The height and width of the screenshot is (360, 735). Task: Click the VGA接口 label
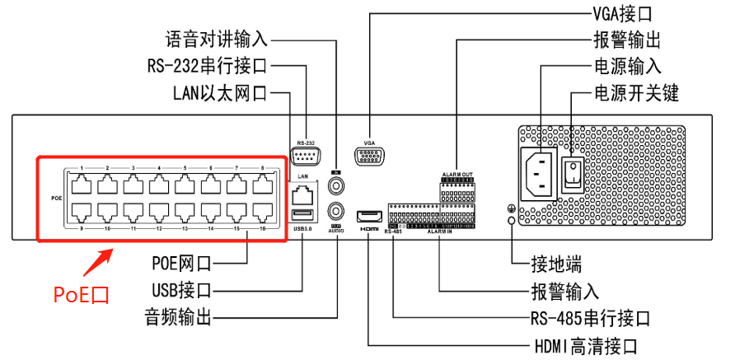[622, 14]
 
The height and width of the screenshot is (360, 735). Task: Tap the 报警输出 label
[625, 40]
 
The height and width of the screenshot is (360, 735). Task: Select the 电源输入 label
[627, 66]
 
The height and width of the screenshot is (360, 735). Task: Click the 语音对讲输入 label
[216, 39]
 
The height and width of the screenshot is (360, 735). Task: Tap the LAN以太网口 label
[219, 92]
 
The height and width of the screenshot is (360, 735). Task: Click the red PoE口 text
[81, 294]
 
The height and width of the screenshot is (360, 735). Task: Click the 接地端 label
[556, 265]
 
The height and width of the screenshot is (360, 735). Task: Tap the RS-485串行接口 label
[589, 318]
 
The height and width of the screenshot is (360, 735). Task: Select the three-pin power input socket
[538, 172]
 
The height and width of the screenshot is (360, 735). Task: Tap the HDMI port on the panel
[368, 216]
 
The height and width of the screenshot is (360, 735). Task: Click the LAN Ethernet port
[302, 194]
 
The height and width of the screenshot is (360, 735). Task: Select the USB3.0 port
[302, 216]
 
